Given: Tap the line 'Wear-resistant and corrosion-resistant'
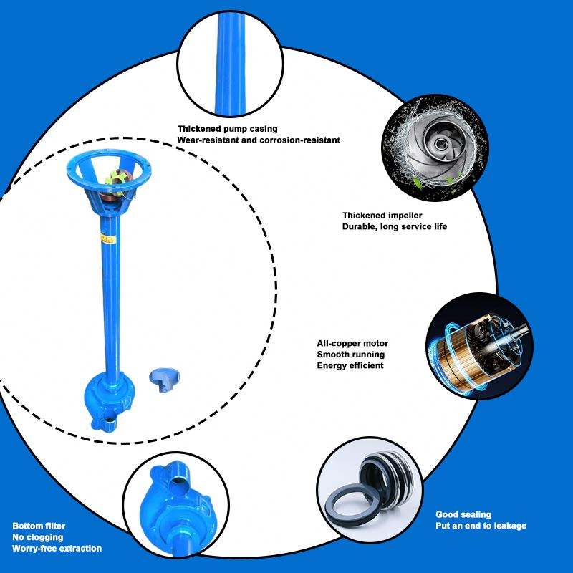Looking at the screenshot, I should (259, 140).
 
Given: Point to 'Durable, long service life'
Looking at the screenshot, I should (394, 226).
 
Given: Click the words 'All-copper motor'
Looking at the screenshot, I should (351, 343).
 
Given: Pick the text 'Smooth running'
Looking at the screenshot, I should (350, 355).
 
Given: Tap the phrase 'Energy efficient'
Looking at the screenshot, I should (350, 365).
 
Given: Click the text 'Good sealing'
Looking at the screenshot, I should (463, 514).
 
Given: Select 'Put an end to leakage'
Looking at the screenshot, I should (481, 526).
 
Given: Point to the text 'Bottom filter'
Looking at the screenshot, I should (39, 526).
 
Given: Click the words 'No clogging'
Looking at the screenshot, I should (38, 537).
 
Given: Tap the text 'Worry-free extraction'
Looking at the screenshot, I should (57, 549).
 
